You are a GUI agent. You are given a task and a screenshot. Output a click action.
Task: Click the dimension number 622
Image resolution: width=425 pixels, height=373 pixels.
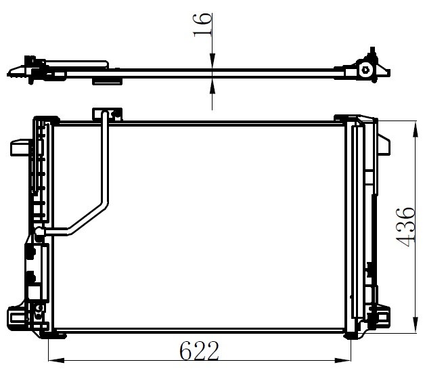click(199, 351)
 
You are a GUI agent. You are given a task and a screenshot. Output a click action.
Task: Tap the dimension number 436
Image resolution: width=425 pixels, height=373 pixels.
click(405, 227)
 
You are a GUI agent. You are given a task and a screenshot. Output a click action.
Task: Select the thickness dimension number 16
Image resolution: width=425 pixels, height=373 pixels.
click(202, 24)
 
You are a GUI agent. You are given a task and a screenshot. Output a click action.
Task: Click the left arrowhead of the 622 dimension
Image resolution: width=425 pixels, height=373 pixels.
click(56, 361)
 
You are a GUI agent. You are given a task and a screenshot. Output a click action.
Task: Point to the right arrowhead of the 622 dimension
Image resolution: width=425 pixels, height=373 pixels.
click(342, 361)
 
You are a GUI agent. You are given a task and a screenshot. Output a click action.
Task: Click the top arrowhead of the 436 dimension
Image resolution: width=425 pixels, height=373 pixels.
click(415, 130)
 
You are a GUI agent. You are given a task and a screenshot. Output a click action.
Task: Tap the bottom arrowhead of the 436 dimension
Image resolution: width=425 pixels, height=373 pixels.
click(415, 324)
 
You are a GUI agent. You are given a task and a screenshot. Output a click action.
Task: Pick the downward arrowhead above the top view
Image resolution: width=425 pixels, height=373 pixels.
click(212, 61)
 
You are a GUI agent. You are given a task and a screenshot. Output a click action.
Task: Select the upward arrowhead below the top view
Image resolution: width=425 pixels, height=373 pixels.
click(212, 87)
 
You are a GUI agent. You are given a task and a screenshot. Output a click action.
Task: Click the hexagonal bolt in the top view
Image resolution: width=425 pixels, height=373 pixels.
click(365, 70)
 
